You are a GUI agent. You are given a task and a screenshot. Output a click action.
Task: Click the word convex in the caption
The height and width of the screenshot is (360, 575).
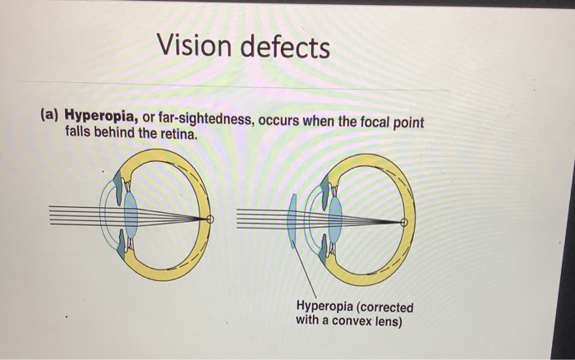(351, 321)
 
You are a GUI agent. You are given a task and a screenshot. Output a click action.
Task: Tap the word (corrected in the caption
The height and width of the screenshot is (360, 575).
(383, 307)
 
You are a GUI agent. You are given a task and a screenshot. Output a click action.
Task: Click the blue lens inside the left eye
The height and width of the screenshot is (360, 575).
(131, 215)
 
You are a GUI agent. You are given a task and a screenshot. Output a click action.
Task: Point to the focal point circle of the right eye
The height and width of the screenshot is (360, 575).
(403, 222)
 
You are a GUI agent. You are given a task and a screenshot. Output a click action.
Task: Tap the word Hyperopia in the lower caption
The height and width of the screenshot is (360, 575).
(325, 307)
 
